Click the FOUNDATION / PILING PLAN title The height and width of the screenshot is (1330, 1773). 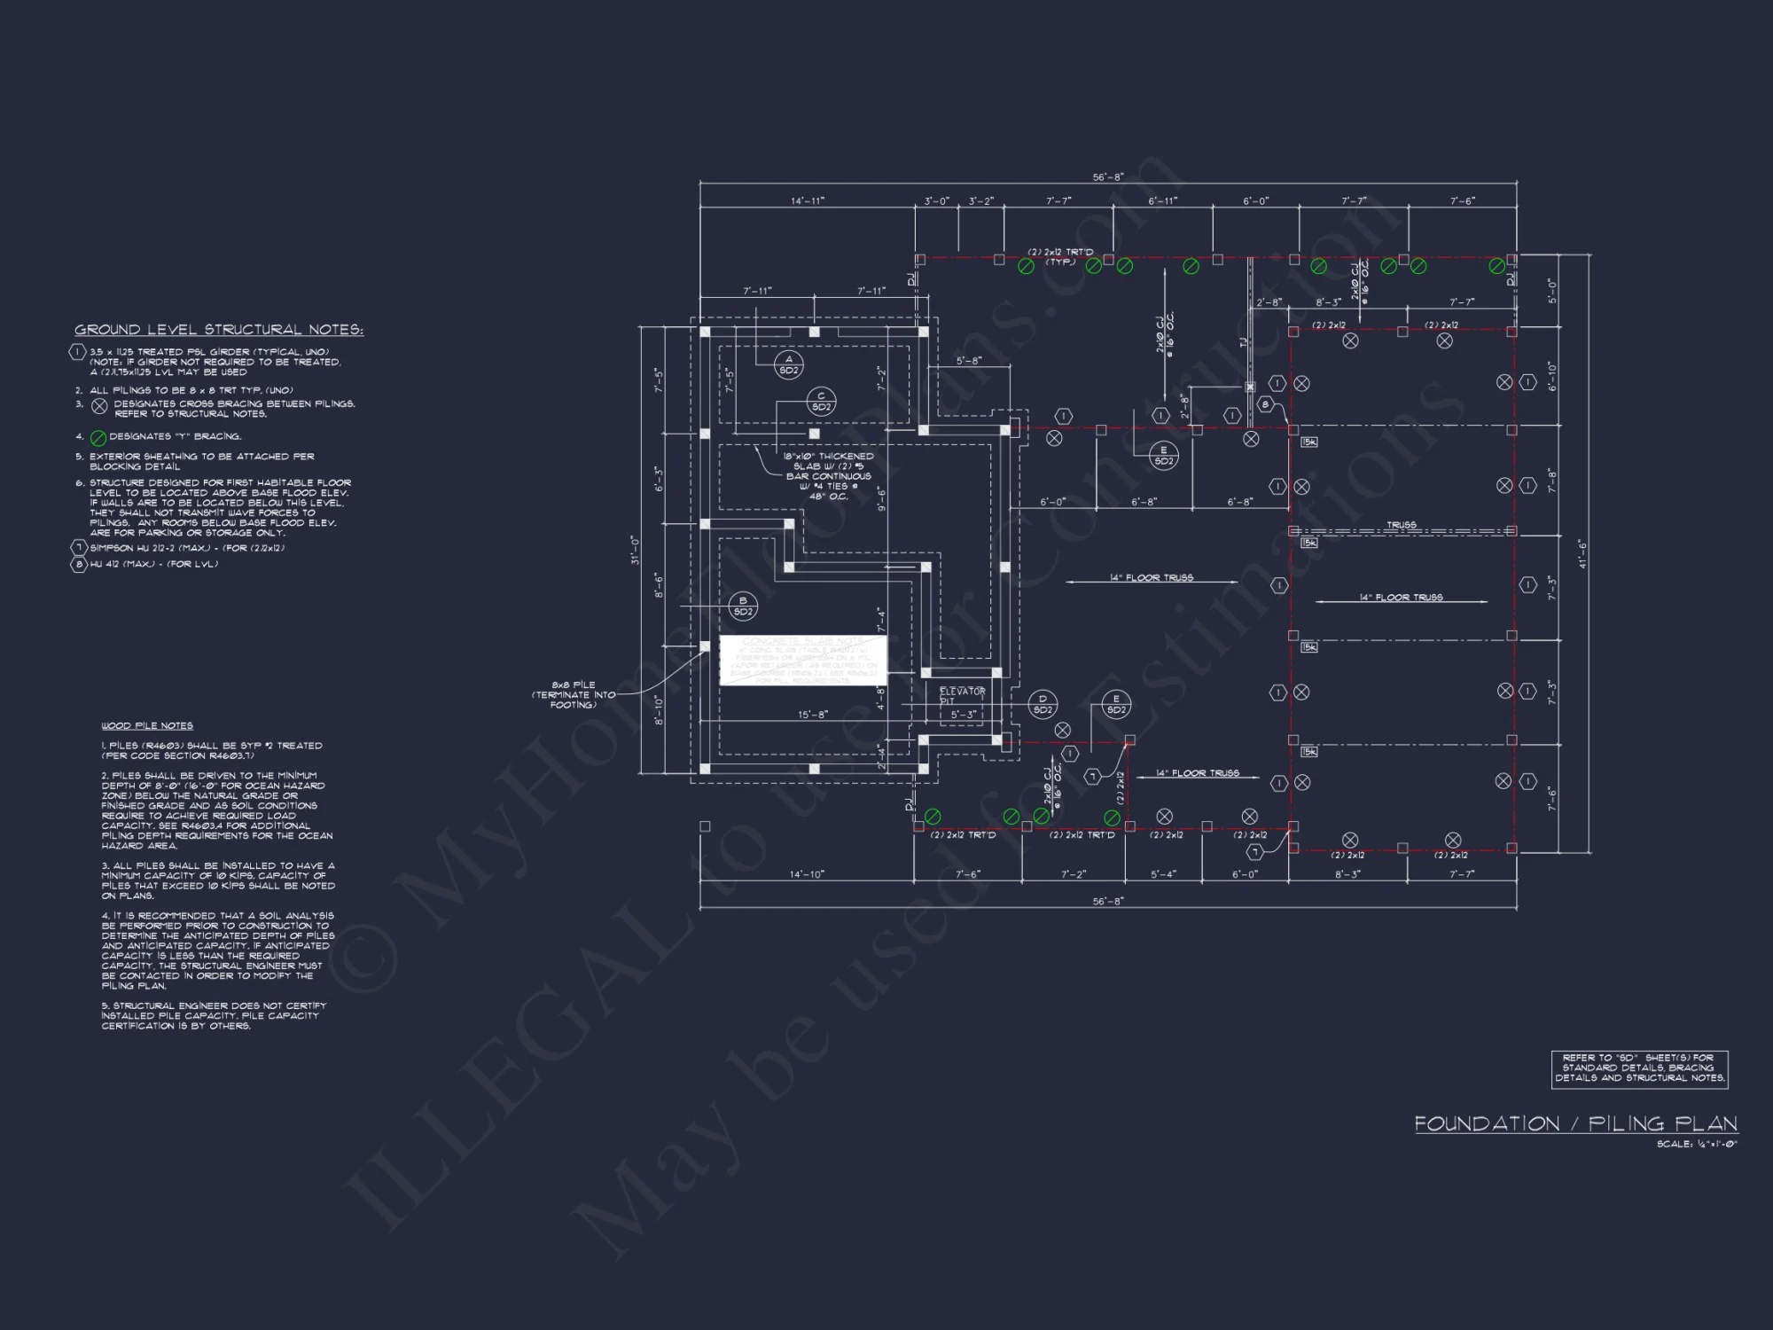(1575, 1124)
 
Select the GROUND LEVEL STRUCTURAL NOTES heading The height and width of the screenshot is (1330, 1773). (219, 330)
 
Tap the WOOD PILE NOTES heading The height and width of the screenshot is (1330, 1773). (147, 725)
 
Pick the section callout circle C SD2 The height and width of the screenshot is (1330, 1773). (821, 402)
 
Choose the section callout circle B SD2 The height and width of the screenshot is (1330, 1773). (743, 606)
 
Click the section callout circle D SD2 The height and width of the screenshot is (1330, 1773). (1043, 704)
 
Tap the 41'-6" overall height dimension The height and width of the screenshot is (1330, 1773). (1582, 553)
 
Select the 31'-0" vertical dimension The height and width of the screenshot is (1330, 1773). (635, 550)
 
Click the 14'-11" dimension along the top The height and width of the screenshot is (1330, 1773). (807, 201)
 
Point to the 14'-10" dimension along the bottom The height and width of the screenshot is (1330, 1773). (807, 875)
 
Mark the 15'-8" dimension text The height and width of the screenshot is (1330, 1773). (813, 715)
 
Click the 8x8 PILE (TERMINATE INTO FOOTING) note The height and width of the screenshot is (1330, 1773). (574, 695)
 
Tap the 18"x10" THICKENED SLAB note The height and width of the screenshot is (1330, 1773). (829, 476)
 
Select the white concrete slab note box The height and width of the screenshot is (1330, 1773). (803, 660)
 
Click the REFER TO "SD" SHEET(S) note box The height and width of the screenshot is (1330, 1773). (1639, 1068)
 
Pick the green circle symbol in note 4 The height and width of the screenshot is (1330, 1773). (99, 438)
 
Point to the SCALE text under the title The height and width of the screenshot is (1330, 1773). (1697, 1145)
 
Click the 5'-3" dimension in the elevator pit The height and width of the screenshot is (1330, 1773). (964, 715)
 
